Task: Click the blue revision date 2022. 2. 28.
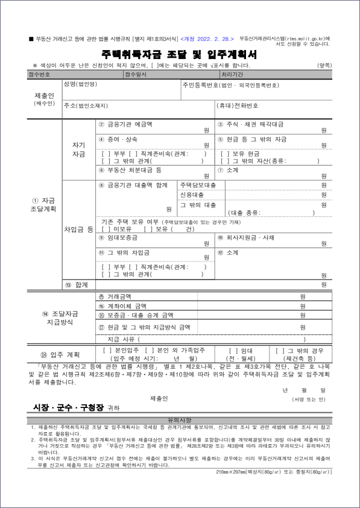pyautogui.click(x=215, y=38)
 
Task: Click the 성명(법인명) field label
pyautogui.click(x=80, y=84)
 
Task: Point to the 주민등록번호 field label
pyautogui.click(x=231, y=86)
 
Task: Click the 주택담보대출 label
pyautogui.click(x=198, y=184)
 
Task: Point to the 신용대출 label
pyautogui.click(x=192, y=195)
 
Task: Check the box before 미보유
pyautogui.click(x=106, y=229)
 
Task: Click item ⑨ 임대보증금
pyautogui.click(x=122, y=238)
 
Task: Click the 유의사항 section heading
pyautogui.click(x=179, y=419)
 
